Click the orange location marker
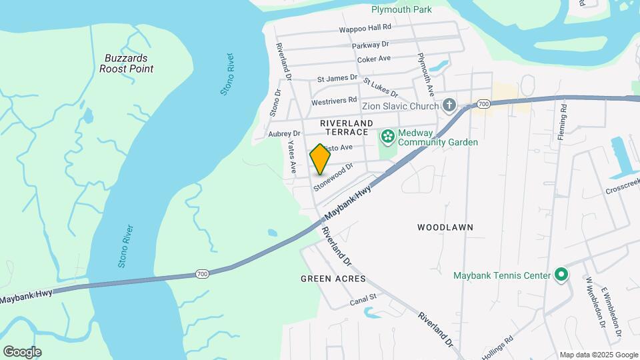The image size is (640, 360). [x=321, y=159]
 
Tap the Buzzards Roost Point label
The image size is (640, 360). [x=128, y=63]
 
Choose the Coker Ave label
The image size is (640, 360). [x=374, y=59]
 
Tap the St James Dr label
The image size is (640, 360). [x=337, y=78]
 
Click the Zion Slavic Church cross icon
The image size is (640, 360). [x=449, y=105]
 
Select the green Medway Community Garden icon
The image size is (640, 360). [x=387, y=137]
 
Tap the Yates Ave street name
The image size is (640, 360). [x=291, y=157]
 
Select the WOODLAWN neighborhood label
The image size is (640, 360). [x=445, y=227]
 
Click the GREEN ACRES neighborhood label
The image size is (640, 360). [x=333, y=278]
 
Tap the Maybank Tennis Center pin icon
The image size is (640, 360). [x=561, y=275]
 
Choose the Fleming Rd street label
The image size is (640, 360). [x=563, y=117]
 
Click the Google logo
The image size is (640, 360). [x=22, y=352]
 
